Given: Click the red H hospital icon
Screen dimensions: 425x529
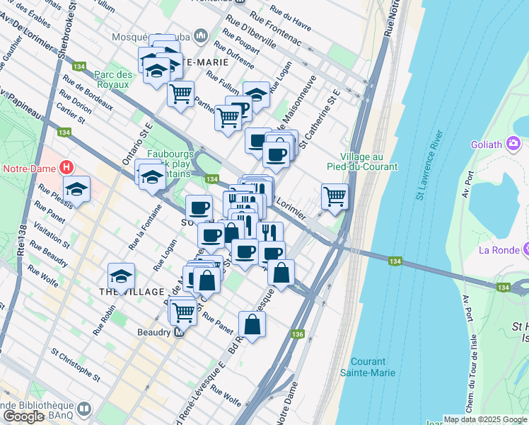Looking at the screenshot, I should pos(66,168).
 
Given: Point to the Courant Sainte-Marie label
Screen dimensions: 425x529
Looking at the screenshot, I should pos(368,367).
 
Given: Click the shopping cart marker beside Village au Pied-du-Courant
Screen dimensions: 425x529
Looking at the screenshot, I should pos(335,196).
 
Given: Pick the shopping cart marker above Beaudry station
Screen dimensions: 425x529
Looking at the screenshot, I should pos(183,310).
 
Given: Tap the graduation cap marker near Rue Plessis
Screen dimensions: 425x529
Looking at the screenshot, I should pos(76,189).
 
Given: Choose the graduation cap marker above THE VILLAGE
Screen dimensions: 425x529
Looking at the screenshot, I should pos(122,276).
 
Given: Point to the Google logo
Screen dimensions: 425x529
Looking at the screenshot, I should pos(23,416).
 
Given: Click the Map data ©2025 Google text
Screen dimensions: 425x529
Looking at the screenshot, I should pos(485,419).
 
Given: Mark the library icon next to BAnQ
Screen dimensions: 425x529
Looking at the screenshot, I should pos(84,409).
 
